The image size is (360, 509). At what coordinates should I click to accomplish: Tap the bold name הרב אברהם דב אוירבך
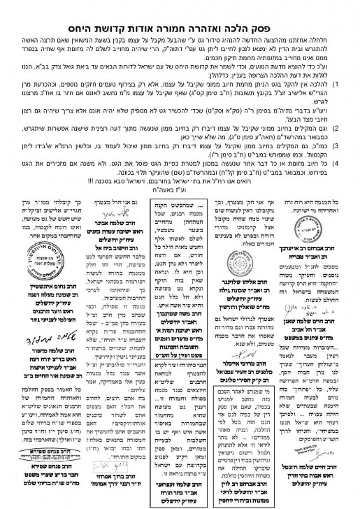pyautogui.click(x=319, y=250)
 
